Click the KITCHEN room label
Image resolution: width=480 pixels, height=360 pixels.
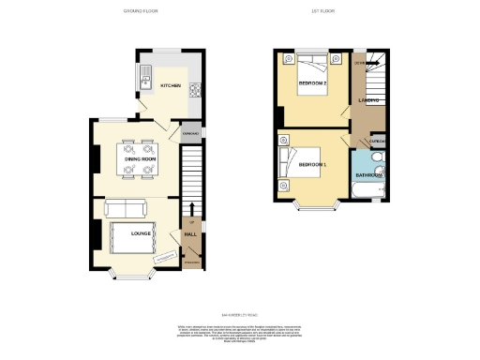point(170,85)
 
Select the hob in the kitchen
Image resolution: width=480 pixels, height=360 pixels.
point(196,91)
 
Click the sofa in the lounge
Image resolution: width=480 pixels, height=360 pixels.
point(124,208)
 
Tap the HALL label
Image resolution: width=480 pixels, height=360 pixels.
point(190,232)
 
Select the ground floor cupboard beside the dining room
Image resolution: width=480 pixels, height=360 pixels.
point(190,135)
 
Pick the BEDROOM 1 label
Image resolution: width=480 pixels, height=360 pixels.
point(312,165)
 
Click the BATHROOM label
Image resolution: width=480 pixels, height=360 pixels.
point(366,174)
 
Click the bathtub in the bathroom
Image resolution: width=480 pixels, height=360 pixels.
point(367,190)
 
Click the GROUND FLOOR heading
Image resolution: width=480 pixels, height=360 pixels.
point(141,11)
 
